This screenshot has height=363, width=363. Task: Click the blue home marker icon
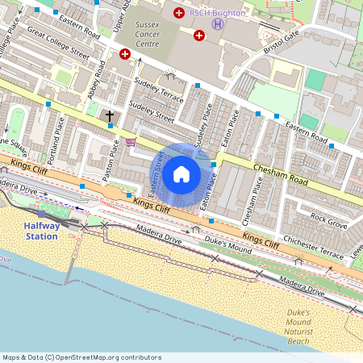click(x=181, y=174)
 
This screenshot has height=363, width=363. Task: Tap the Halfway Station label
click(x=41, y=232)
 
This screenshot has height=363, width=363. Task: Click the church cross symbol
click(x=110, y=117)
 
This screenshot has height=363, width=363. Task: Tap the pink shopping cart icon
click(x=130, y=143)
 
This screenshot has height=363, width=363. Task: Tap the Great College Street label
click(x=57, y=43)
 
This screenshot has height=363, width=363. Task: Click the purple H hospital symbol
click(x=218, y=24)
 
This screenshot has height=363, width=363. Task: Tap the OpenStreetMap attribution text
click(x=81, y=357)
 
